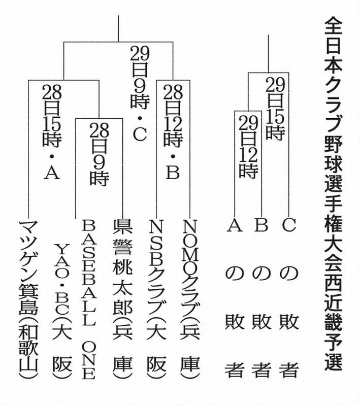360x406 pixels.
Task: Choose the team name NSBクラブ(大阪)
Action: point(154,299)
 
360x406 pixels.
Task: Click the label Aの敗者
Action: point(234,299)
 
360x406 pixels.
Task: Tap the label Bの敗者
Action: point(261,299)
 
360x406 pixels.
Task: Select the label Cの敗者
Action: point(288,299)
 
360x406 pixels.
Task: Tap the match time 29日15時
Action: point(275,109)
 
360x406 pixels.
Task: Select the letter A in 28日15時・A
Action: point(51,173)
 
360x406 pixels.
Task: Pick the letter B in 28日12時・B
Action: point(172,173)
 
